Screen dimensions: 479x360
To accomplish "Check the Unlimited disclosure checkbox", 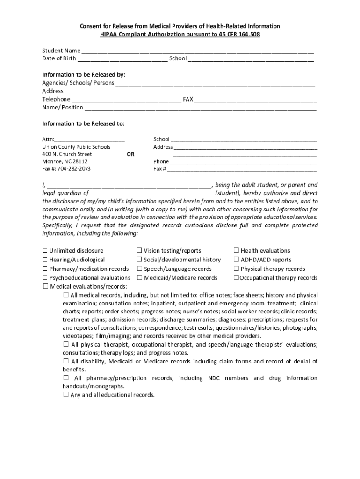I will [45, 251].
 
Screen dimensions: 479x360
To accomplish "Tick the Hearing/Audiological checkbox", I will [45, 260].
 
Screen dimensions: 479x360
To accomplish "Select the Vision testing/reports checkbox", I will [139, 251].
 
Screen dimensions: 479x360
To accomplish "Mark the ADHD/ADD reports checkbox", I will [237, 260].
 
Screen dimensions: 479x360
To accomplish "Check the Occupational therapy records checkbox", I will [237, 278].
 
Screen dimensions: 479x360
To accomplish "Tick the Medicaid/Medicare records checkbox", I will [139, 278].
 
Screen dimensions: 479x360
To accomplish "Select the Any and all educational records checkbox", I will [66, 395].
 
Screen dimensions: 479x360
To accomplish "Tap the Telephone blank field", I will [126, 100].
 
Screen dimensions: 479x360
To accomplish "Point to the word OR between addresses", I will [131, 154].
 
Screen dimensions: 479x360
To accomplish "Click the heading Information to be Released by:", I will [84, 74].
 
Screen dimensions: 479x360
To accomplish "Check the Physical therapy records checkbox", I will [237, 269].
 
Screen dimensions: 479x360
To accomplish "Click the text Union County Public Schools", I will [76, 147].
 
